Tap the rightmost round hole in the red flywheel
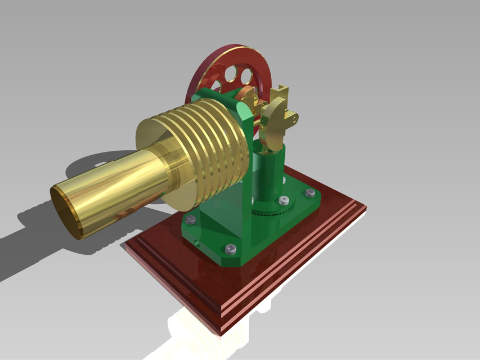point(246,75)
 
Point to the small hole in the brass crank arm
point(294,119)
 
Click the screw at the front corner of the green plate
point(230,248)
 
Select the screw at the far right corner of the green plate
point(310,193)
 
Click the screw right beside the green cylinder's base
point(284,200)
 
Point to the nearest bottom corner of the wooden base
point(219,332)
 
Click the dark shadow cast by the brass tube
point(34,236)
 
